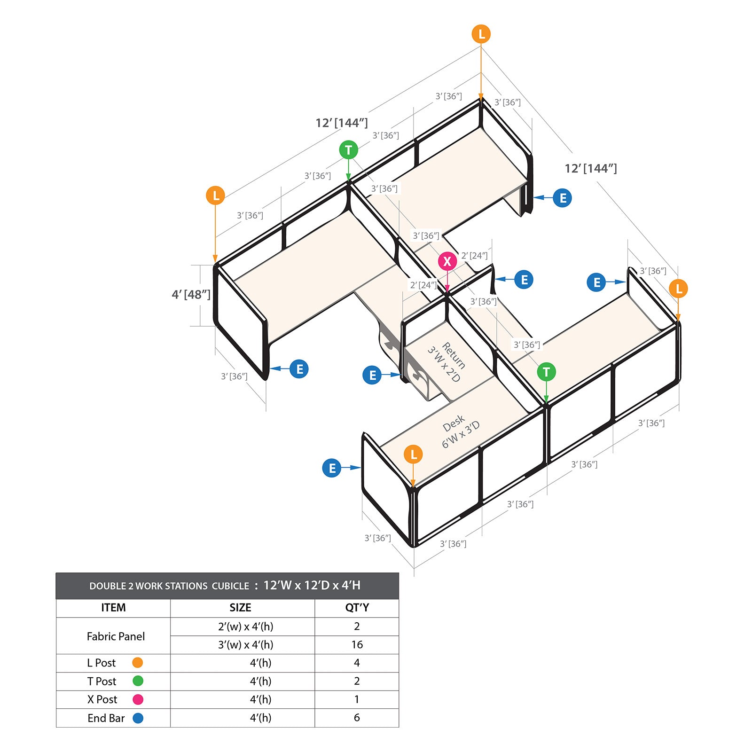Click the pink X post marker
point(447,261)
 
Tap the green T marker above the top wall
point(348,150)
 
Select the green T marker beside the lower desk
point(546,372)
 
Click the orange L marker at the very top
point(481,34)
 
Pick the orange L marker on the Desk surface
point(413,454)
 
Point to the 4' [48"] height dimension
point(191,295)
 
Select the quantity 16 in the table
point(357,644)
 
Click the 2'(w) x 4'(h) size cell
point(245,627)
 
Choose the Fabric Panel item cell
point(116,636)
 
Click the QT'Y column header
point(357,608)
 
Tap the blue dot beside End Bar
point(138,718)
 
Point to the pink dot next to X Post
point(138,699)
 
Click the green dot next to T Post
point(138,681)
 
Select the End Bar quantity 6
point(357,718)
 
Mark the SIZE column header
point(240,608)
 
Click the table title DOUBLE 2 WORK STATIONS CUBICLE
point(169,586)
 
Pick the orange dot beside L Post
point(138,663)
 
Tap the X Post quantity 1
point(357,699)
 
